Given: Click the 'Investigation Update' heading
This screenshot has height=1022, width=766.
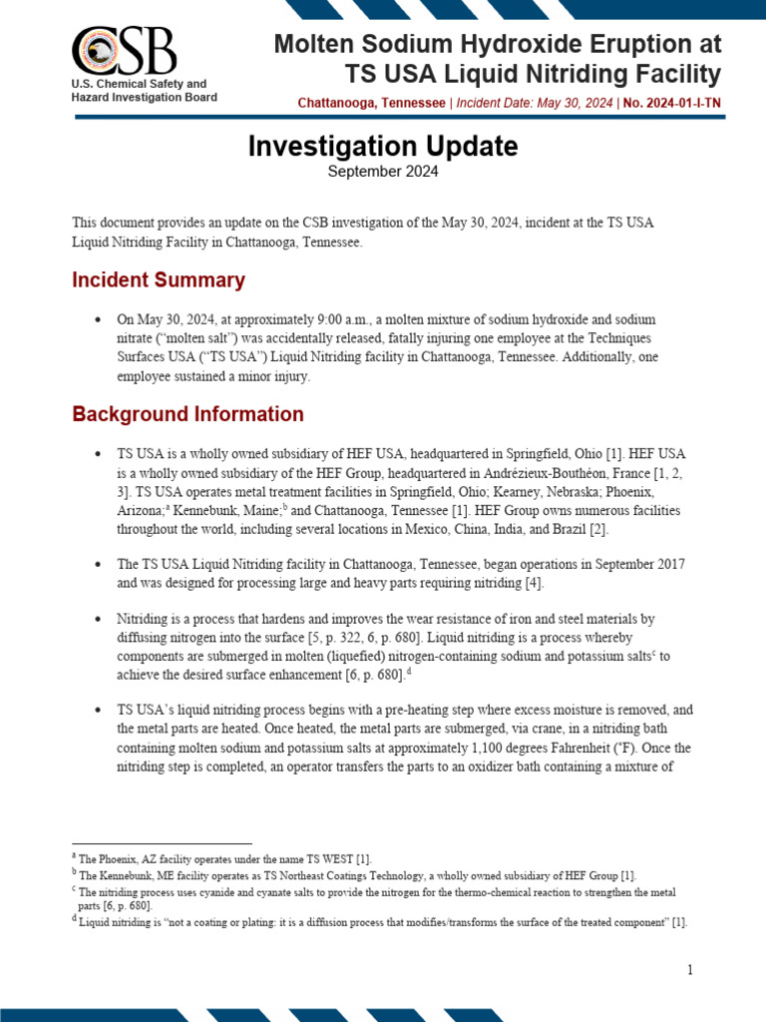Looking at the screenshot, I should pos(382,146).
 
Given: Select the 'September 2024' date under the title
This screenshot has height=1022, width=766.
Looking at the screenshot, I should pos(383,172).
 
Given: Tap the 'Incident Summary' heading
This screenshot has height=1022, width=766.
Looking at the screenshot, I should pos(159,279).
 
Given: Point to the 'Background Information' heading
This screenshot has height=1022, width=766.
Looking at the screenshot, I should pos(188,414).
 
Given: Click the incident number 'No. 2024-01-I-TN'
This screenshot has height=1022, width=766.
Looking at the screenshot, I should pos(671,103).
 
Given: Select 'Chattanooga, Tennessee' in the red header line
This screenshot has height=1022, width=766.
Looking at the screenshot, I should pos(371,103).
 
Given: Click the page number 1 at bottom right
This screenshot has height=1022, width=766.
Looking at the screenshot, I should pos(689,970).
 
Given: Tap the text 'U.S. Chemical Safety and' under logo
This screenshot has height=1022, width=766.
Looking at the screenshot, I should pos(139,84).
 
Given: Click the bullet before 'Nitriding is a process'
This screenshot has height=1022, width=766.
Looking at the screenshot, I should pos(97,619).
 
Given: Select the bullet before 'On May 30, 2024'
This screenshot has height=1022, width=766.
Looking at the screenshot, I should pos(97,319).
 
